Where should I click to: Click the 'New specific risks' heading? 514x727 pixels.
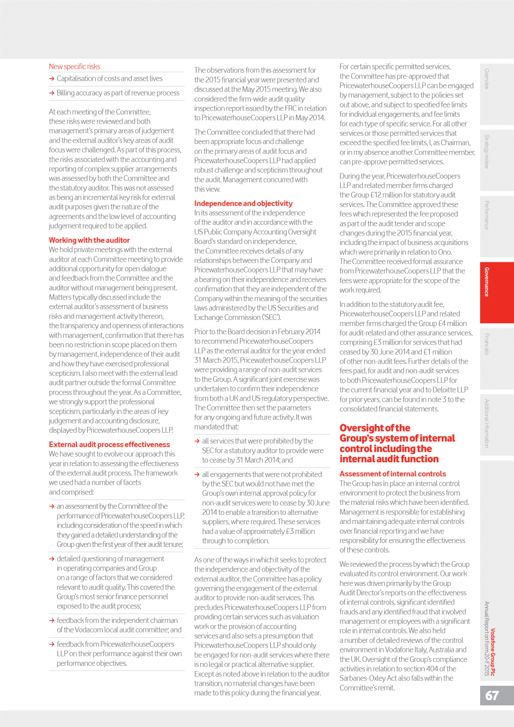point(74,66)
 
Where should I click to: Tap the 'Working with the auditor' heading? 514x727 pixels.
point(89,240)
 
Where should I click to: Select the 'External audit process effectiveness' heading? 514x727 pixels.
point(109,444)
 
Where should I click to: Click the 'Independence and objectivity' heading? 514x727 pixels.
point(243,203)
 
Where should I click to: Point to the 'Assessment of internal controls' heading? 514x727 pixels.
point(392,474)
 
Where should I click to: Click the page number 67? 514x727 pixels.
point(492,695)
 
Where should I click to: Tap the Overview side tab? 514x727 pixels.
point(487,79)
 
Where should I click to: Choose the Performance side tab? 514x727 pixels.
point(487,215)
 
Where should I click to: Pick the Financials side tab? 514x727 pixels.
point(487,344)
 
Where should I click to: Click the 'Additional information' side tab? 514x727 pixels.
point(487,424)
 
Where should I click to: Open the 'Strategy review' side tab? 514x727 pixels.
point(487,151)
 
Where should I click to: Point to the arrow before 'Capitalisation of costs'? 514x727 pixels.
point(52,79)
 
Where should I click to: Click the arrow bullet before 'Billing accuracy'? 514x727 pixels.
point(52,93)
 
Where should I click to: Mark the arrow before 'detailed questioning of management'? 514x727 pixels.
point(52,559)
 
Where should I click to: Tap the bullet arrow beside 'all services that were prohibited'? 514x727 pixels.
point(198,441)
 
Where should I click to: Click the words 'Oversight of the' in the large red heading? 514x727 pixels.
point(375,428)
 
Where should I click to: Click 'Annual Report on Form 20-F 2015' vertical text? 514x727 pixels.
point(487,638)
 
